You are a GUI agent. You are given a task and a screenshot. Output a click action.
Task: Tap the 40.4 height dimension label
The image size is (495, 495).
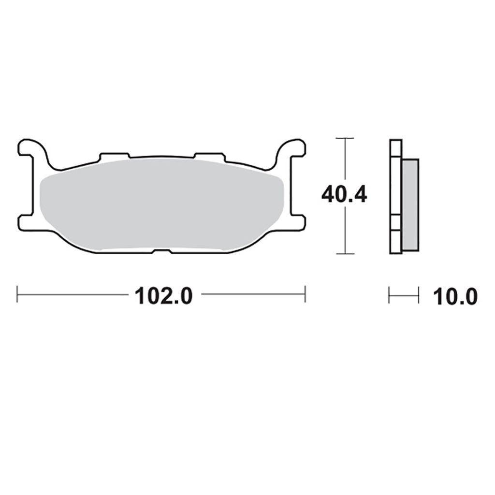point(344,195)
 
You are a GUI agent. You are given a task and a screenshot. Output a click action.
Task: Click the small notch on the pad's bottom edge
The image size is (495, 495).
point(162,251)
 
